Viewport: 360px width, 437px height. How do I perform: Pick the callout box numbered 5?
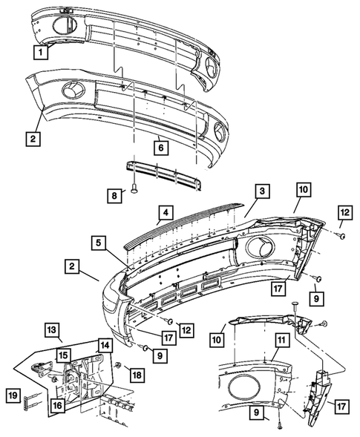[x=99, y=243]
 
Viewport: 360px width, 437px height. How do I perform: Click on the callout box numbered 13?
[x=52, y=329]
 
